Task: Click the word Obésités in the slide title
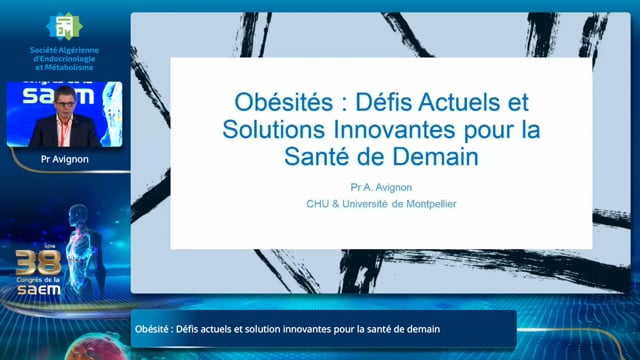click(284, 102)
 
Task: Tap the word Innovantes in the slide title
click(394, 130)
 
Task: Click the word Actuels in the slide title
click(458, 102)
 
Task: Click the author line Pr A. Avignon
click(381, 187)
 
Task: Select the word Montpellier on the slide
click(431, 204)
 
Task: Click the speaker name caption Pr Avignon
click(64, 159)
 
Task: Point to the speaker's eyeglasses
click(65, 104)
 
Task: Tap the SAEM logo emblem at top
click(64, 26)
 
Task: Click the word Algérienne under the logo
click(80, 50)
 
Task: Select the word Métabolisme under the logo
click(69, 67)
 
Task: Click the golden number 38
click(38, 262)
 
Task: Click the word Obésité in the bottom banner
click(151, 329)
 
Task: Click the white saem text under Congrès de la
click(39, 290)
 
